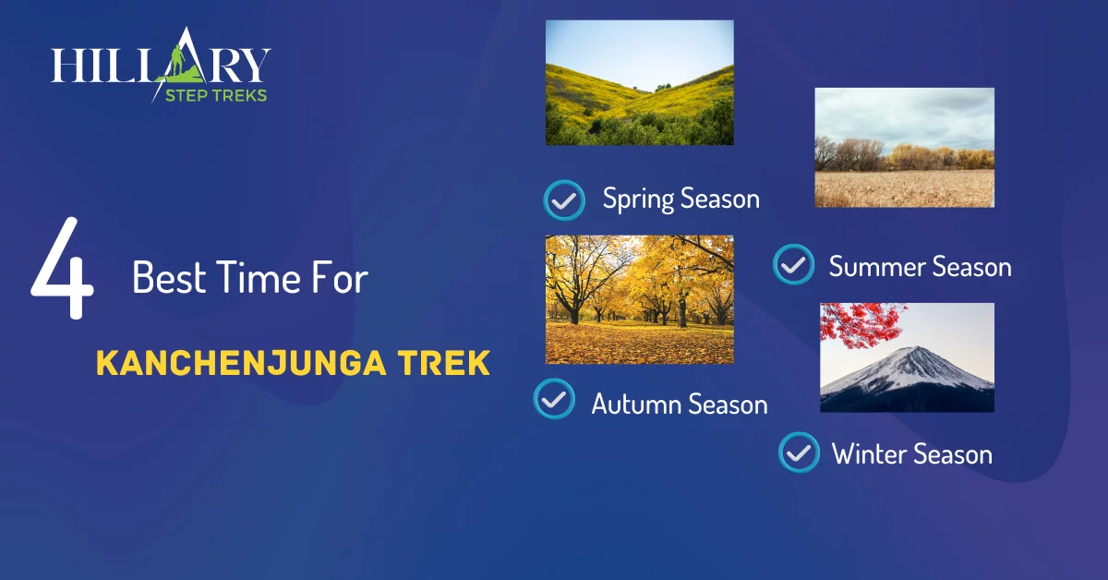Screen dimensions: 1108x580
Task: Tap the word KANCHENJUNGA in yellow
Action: point(241,363)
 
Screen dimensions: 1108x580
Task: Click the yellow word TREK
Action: point(444,363)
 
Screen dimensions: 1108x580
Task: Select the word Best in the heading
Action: point(169,277)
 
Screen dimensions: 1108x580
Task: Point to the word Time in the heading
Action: point(258,277)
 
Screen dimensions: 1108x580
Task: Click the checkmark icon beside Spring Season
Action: point(564,199)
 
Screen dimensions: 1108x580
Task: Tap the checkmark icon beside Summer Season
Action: point(793,264)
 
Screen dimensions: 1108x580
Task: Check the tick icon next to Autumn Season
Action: point(554,399)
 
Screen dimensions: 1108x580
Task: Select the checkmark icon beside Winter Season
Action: point(799,453)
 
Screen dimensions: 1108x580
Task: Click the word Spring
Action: point(638,199)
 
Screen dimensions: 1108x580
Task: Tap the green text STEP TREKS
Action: point(216,95)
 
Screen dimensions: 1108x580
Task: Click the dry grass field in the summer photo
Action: point(904,188)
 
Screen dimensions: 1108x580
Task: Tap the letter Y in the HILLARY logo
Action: point(256,65)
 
